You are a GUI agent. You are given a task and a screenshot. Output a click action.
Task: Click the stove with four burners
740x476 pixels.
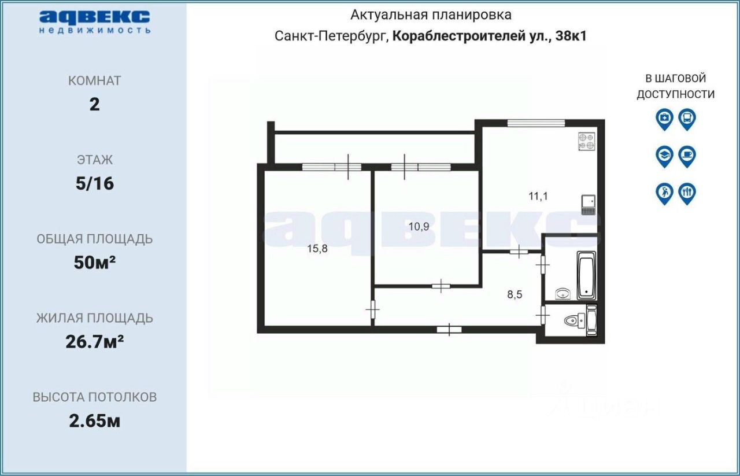pyautogui.click(x=586, y=142)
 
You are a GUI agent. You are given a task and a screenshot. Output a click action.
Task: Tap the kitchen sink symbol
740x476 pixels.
pyautogui.click(x=589, y=201)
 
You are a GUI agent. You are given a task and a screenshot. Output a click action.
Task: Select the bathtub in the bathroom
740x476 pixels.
pyautogui.click(x=586, y=274)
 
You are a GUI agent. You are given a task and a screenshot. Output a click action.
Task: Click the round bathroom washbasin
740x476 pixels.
pyautogui.click(x=563, y=293)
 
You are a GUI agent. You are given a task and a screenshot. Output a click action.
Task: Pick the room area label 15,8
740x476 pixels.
pyautogui.click(x=318, y=249)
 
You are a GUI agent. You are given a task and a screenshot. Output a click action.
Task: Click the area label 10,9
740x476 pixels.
pyautogui.click(x=419, y=227)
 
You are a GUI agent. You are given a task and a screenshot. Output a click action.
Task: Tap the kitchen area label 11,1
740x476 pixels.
pyautogui.click(x=538, y=195)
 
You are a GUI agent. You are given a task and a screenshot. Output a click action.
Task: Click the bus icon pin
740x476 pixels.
pyautogui.click(x=687, y=119)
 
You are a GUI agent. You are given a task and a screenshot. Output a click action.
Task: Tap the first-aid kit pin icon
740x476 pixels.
pyautogui.click(x=664, y=119)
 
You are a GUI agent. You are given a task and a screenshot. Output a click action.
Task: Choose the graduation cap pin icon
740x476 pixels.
pyautogui.click(x=664, y=156)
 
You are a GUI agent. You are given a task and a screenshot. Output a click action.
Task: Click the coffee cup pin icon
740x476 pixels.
pyautogui.click(x=687, y=156)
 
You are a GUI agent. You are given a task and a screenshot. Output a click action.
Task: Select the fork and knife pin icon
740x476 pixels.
pyautogui.click(x=687, y=193)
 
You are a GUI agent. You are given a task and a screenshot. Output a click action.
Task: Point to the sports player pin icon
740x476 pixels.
pyautogui.click(x=664, y=193)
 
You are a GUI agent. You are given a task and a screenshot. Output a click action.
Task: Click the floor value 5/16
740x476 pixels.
pyautogui.click(x=94, y=184)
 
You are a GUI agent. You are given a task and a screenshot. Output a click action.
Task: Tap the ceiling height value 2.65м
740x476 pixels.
pyautogui.click(x=94, y=421)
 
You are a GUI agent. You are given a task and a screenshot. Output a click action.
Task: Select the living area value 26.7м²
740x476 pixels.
pyautogui.click(x=94, y=342)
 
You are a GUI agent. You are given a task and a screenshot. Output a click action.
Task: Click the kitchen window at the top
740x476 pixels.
pyautogui.click(x=536, y=123)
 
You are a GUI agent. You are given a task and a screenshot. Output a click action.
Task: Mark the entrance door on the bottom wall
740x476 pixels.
pyautogui.click(x=449, y=330)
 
